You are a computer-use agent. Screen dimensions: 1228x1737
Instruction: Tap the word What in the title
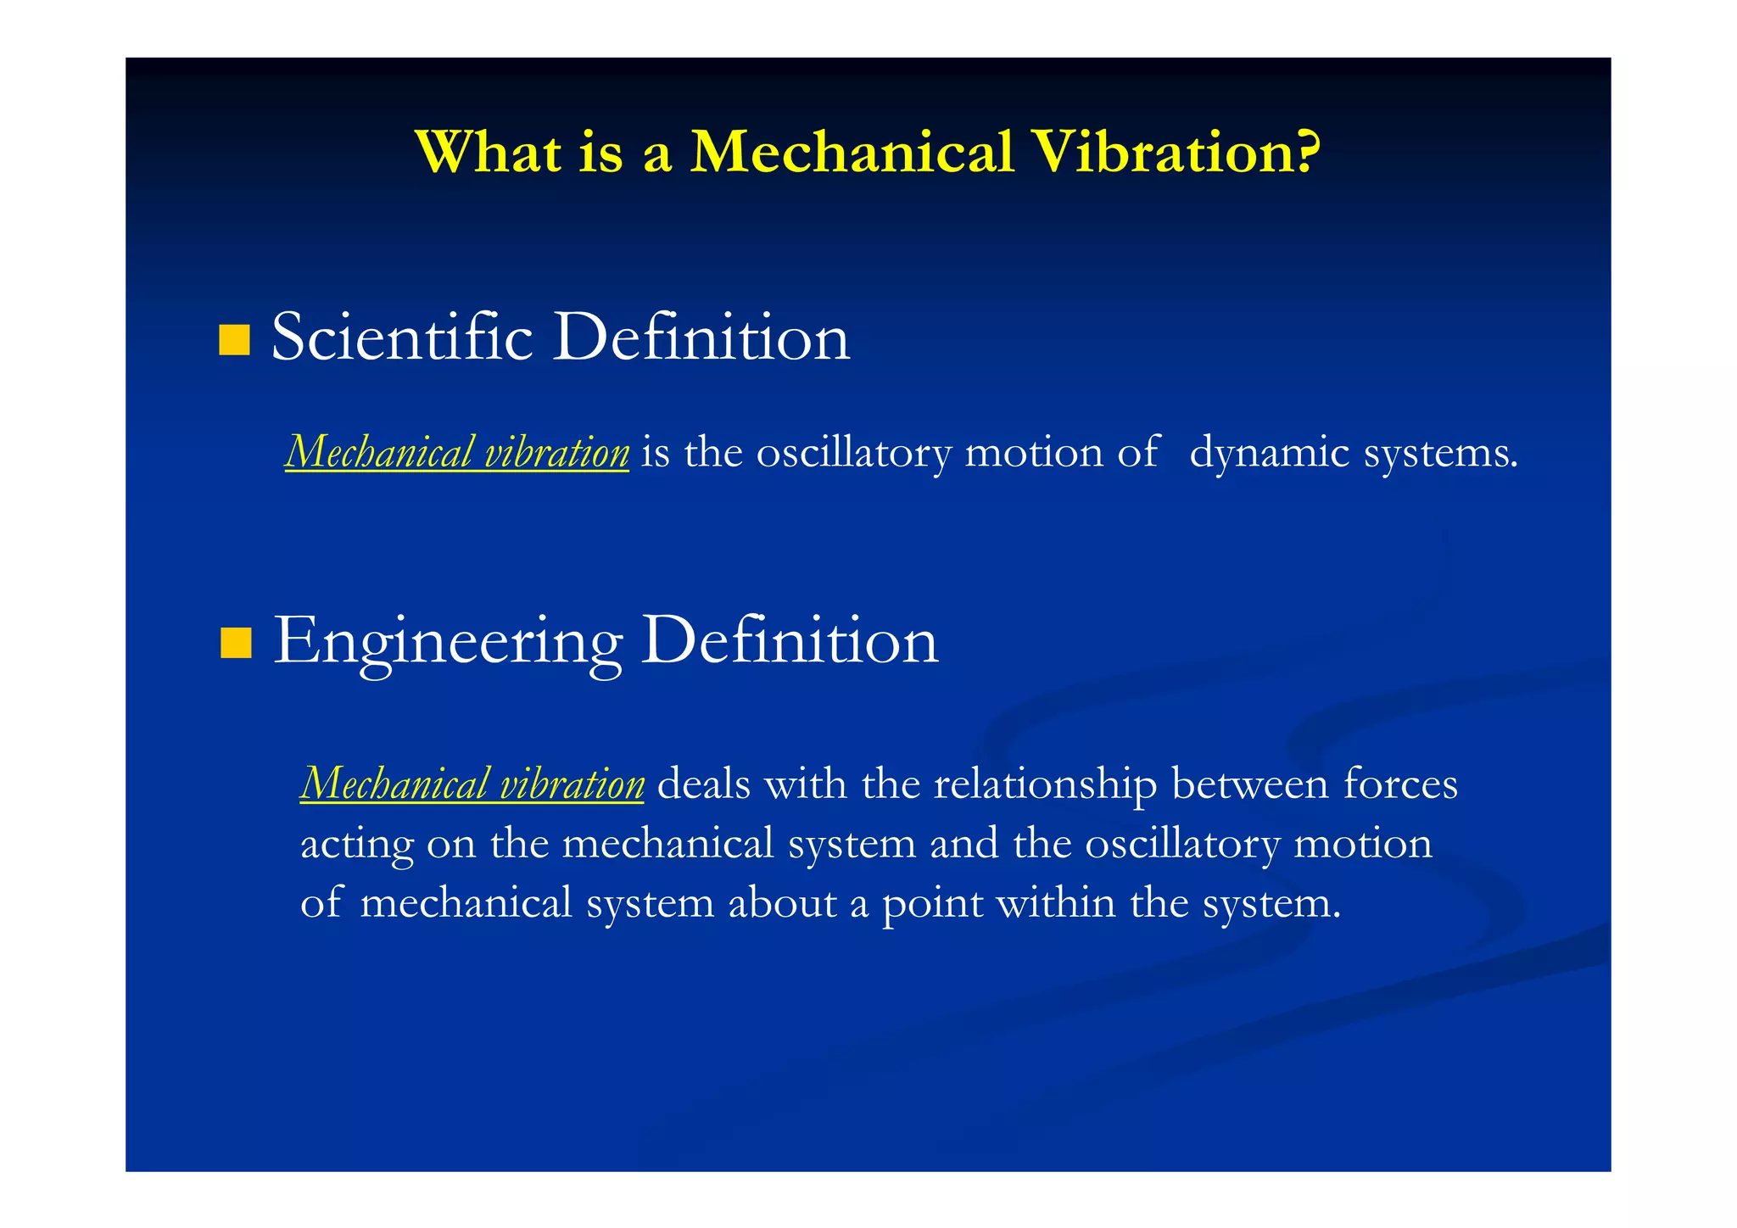[x=489, y=153]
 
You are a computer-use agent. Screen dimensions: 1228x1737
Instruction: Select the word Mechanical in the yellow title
[x=852, y=153]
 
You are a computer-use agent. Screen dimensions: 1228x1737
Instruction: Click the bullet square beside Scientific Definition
[x=234, y=339]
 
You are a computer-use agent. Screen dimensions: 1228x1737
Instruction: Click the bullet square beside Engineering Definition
[x=236, y=643]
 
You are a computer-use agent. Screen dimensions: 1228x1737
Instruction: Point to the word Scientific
[x=402, y=338]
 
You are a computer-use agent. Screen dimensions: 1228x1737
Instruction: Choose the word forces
[x=1400, y=784]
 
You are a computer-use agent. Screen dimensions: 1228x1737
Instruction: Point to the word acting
[x=356, y=845]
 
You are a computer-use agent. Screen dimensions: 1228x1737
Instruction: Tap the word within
[x=1055, y=902]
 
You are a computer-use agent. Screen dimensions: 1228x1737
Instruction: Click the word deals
[x=704, y=784]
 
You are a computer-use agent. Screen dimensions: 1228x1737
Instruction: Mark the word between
[x=1250, y=784]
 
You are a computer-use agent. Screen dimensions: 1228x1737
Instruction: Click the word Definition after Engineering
[x=789, y=641]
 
